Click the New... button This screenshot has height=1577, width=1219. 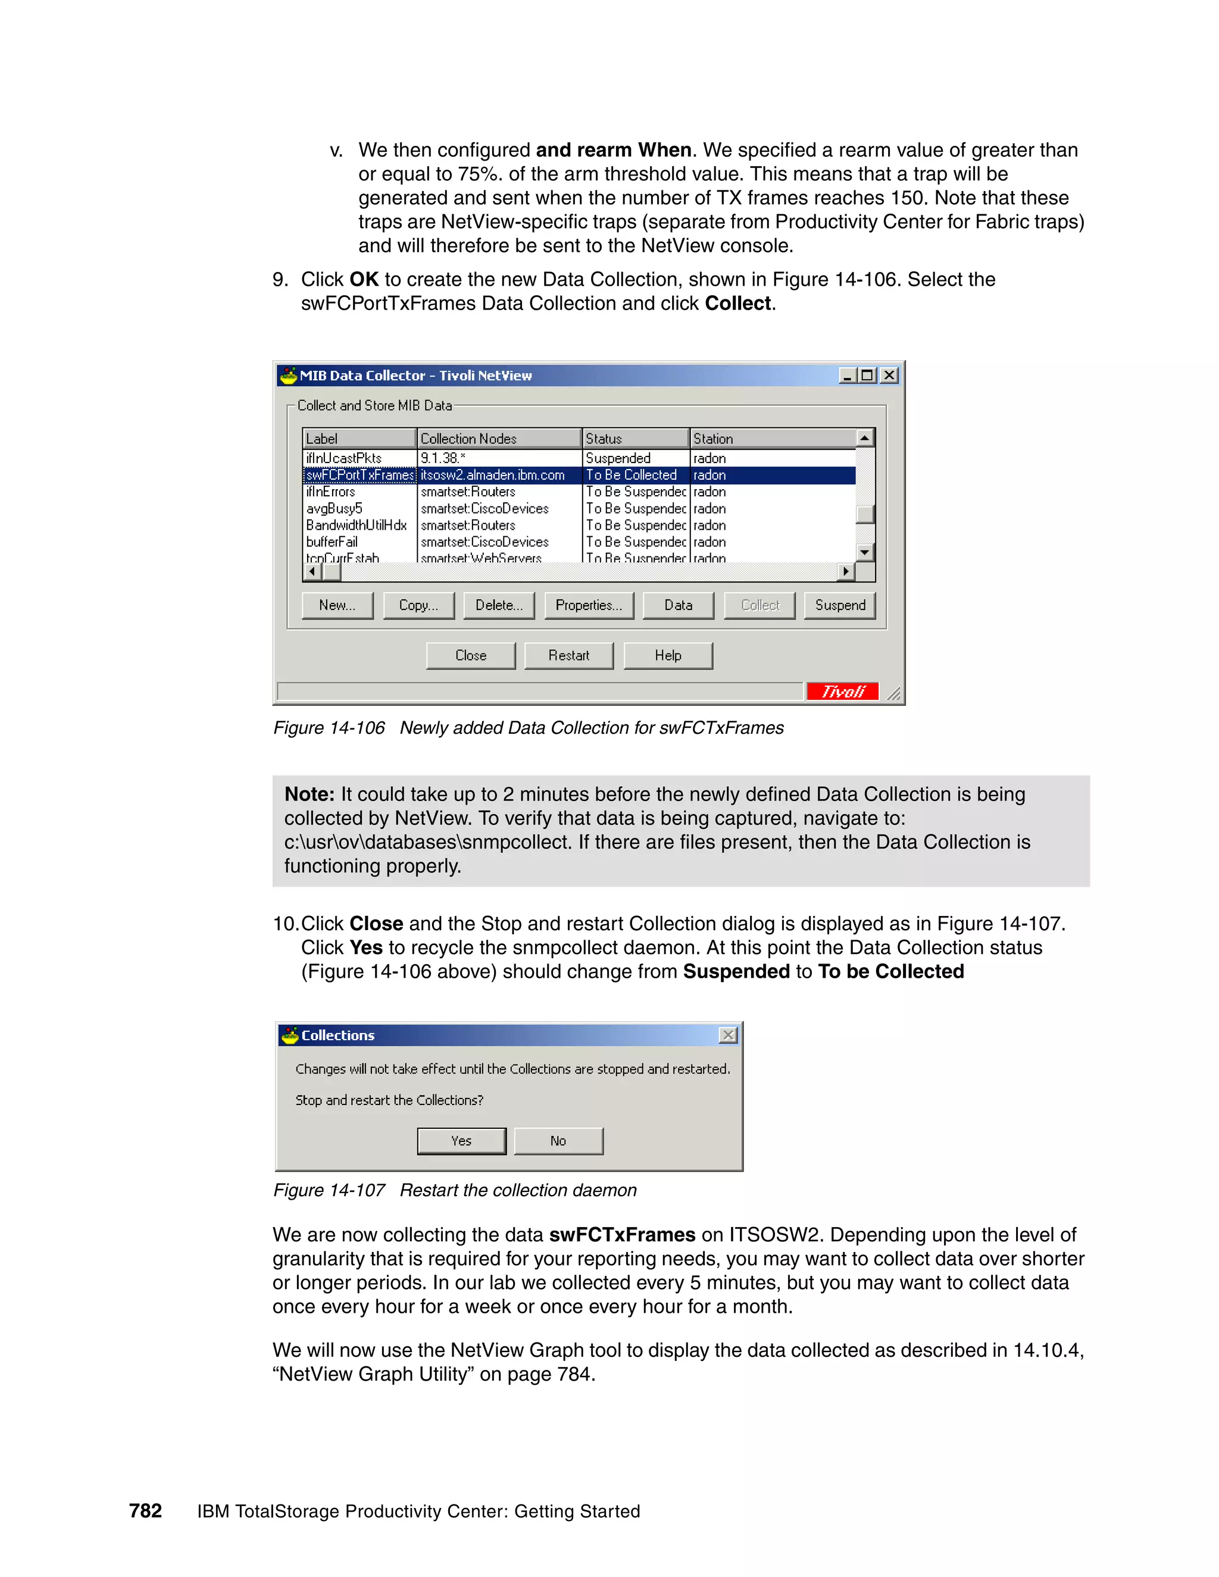click(337, 605)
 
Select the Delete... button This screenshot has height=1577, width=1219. click(498, 605)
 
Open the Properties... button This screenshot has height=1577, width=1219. click(589, 605)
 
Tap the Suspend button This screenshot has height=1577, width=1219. click(839, 605)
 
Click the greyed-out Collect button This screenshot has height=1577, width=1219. click(759, 605)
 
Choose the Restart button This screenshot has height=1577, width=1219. click(568, 656)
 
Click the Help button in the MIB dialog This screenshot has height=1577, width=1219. click(668, 656)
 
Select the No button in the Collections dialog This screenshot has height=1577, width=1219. click(558, 1141)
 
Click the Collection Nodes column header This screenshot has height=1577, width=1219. click(498, 439)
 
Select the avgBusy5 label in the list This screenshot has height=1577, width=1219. click(335, 508)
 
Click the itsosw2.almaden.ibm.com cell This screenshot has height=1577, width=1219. click(492, 475)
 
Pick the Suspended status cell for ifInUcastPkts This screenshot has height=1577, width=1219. click(618, 458)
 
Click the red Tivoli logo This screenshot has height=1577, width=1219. click(842, 691)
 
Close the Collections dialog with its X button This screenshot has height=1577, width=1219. click(728, 1035)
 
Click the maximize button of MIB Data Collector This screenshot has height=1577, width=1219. click(867, 376)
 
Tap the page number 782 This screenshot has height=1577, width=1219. click(145, 1510)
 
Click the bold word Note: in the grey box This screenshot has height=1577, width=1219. click(309, 794)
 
